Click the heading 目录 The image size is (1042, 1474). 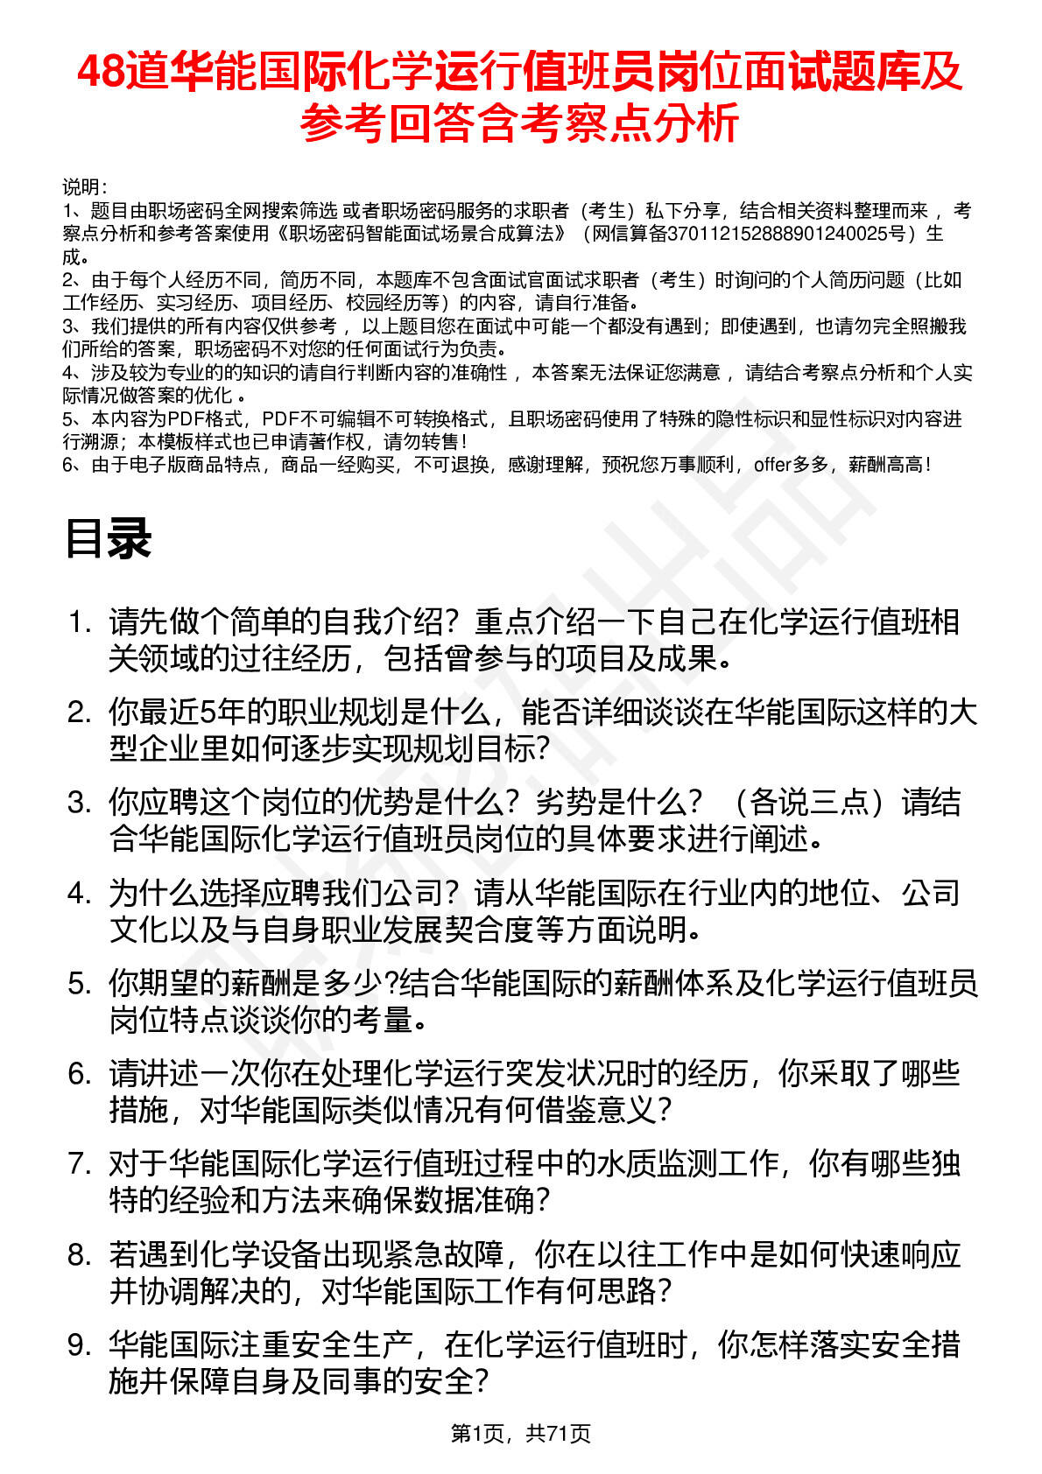(108, 539)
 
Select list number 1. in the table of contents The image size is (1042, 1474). (80, 622)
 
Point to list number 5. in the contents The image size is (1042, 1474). (80, 984)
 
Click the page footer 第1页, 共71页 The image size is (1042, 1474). (520, 1433)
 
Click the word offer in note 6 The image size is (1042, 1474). (772, 465)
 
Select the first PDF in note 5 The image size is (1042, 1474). (185, 419)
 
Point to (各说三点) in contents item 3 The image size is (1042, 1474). (803, 803)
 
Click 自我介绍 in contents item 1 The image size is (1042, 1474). (384, 622)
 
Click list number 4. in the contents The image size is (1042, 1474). (80, 894)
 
